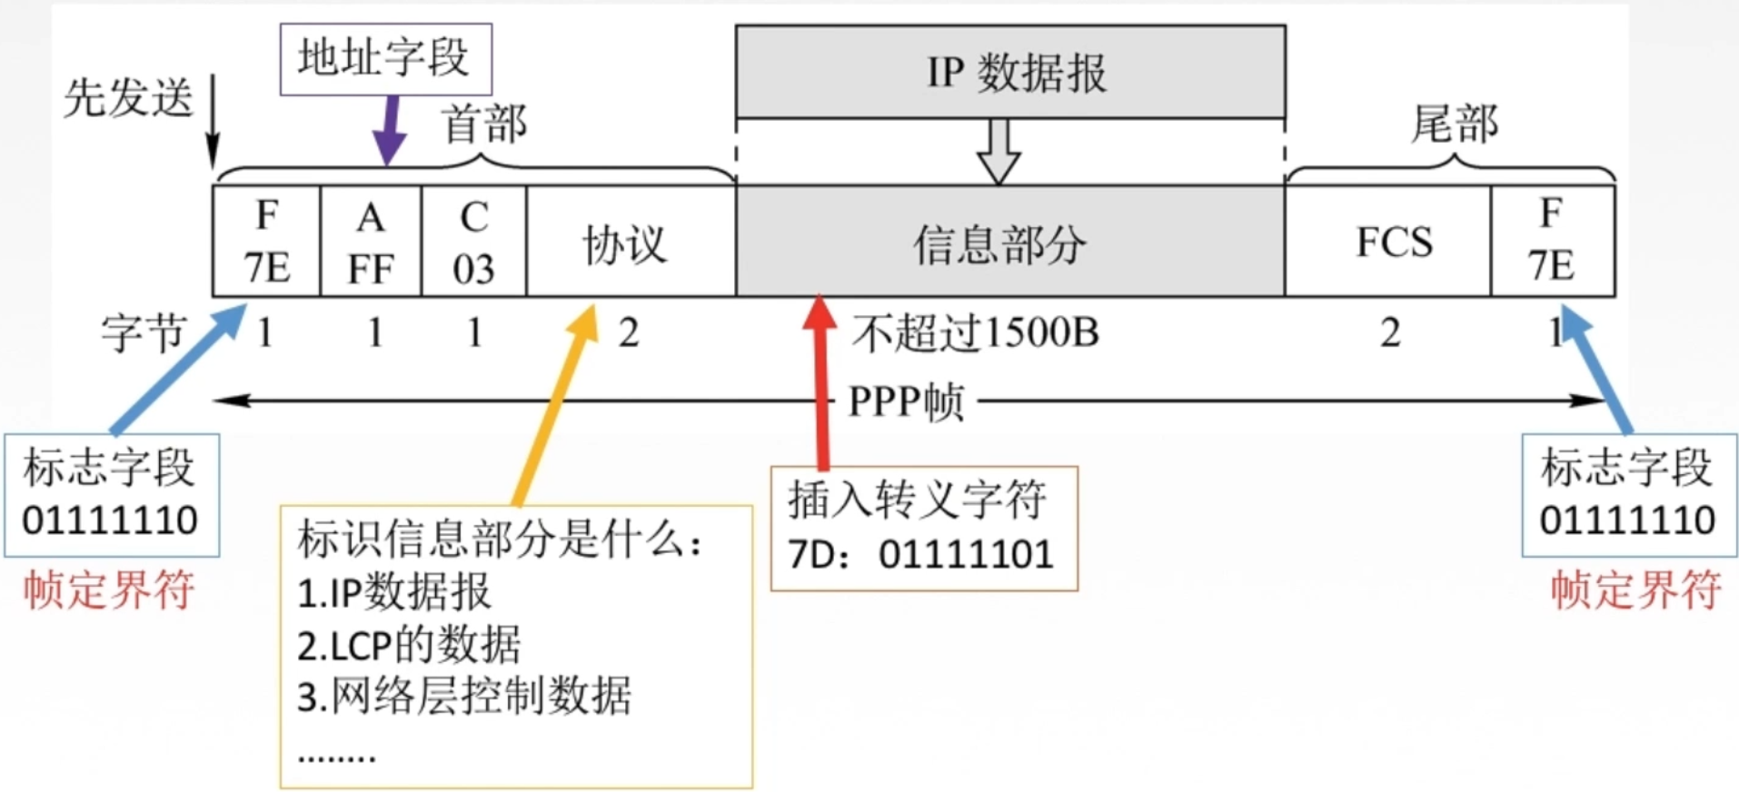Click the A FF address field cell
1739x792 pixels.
pos(371,242)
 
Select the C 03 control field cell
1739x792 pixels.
pos(473,242)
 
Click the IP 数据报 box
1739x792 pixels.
pos(1010,72)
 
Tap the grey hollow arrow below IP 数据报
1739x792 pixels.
pos(999,151)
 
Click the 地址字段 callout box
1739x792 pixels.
pos(385,59)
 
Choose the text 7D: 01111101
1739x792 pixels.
pos(919,554)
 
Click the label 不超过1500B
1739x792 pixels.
pos(974,333)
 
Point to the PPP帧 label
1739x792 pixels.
pos(905,401)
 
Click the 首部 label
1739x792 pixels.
pos(483,124)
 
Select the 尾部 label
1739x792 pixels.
pos(1454,124)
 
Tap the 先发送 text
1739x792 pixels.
pos(128,97)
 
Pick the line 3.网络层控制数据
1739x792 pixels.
pos(463,697)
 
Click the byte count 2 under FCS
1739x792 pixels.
pos(1389,333)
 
